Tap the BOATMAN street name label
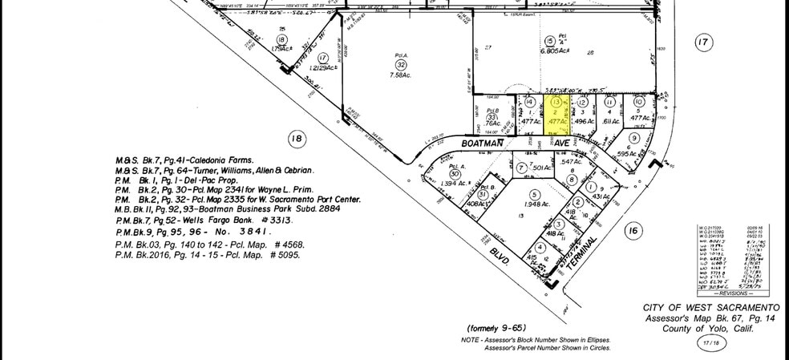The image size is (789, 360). click(x=484, y=143)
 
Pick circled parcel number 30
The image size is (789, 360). click(x=455, y=174)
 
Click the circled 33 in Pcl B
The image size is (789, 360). click(x=492, y=118)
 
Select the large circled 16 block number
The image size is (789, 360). click(x=633, y=232)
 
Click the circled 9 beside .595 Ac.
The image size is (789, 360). click(x=633, y=138)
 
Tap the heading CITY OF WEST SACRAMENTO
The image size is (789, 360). click(x=710, y=308)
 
